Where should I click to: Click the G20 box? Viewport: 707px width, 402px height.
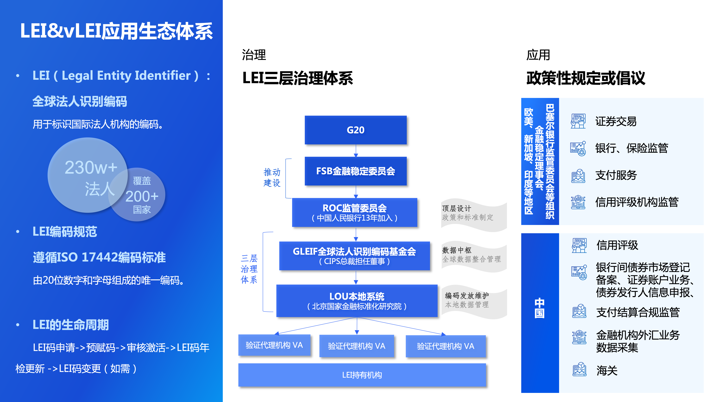click(355, 130)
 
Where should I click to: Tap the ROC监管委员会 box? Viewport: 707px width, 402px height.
click(355, 212)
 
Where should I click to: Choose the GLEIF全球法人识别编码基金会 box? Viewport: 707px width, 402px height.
click(354, 256)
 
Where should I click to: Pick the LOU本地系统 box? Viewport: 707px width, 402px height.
click(357, 301)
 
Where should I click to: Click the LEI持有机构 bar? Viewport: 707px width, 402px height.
click(362, 375)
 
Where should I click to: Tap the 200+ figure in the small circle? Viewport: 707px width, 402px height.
click(142, 197)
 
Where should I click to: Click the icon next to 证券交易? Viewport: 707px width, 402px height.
click(578, 121)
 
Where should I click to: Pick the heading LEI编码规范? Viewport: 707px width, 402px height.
click(65, 231)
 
